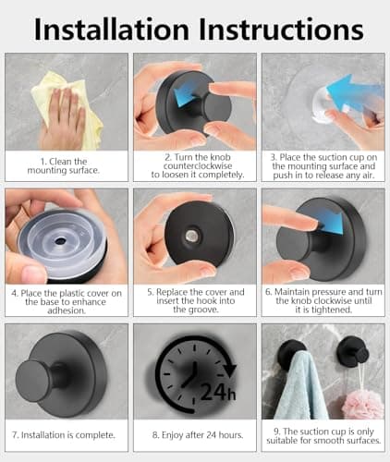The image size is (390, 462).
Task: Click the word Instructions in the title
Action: (x=281, y=30)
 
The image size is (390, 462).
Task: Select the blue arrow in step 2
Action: (x=186, y=91)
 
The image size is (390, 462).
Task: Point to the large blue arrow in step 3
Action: (x=354, y=92)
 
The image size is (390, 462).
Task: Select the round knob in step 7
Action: (x=35, y=380)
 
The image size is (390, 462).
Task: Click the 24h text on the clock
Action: (x=218, y=391)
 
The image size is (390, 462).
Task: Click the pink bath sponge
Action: (x=364, y=404)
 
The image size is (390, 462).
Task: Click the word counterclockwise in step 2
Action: (x=198, y=166)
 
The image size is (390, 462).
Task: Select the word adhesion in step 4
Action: (x=67, y=310)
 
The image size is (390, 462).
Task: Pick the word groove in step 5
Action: (x=202, y=310)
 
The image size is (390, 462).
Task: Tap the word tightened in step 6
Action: (x=332, y=310)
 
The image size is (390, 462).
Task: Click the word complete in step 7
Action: (x=95, y=435)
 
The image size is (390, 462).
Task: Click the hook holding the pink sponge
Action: (x=353, y=351)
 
